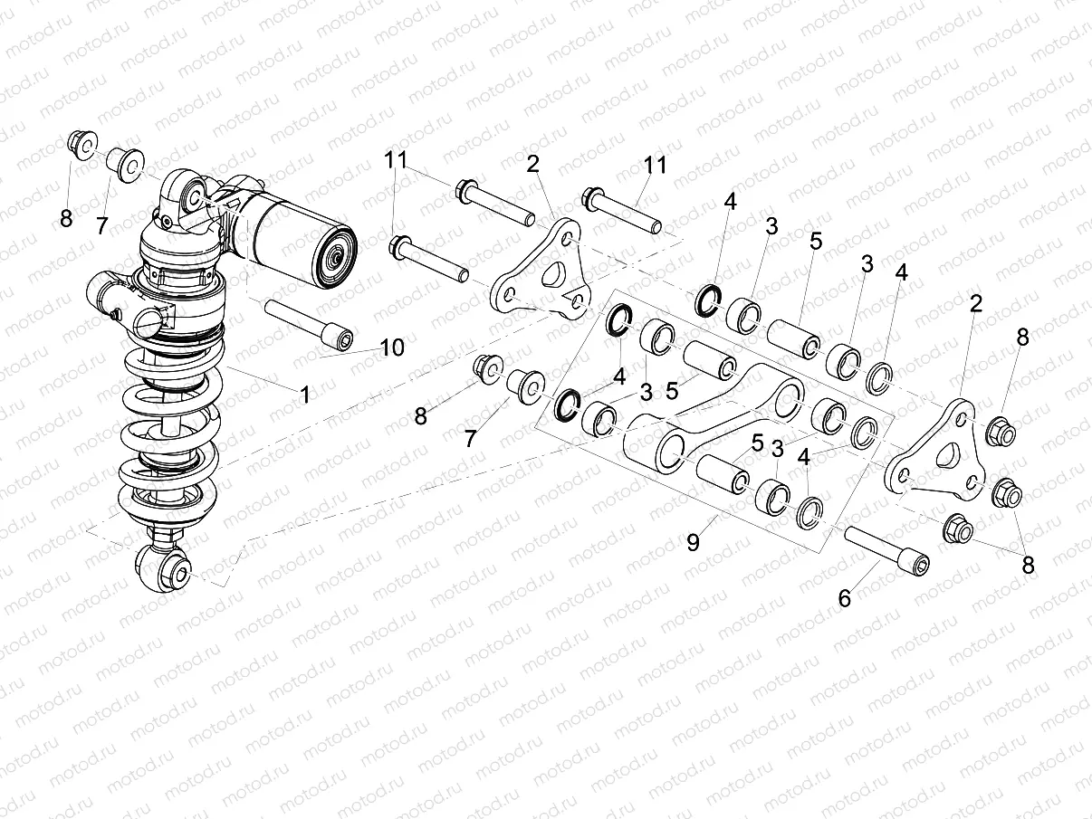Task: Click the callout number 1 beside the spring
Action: tap(305, 395)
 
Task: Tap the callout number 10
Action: tap(392, 347)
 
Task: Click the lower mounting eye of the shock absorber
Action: tap(168, 570)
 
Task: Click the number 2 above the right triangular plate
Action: tap(975, 304)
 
